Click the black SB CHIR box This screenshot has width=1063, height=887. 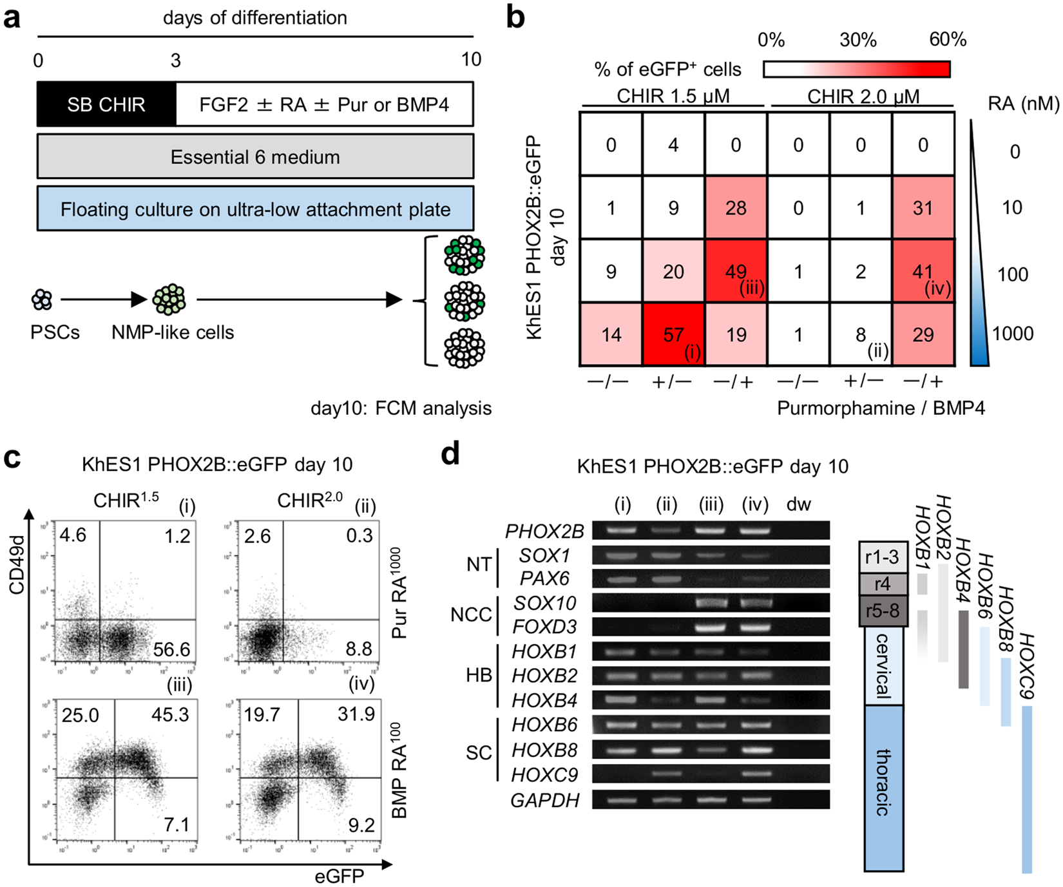pyautogui.click(x=106, y=104)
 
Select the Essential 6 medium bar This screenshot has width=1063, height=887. pyautogui.click(x=255, y=157)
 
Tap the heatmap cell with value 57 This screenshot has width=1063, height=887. pyautogui.click(x=673, y=334)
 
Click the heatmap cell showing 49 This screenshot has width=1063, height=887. pyautogui.click(x=736, y=271)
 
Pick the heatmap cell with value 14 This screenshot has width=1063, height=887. pyautogui.click(x=611, y=334)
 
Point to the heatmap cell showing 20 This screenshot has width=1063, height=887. pyautogui.click(x=673, y=271)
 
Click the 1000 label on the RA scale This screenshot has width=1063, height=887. pyautogui.click(x=1013, y=333)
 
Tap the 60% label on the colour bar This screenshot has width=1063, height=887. pyautogui.click(x=948, y=40)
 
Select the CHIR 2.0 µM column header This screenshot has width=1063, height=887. pyautogui.click(x=863, y=97)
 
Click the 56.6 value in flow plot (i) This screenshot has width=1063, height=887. pyautogui.click(x=171, y=649)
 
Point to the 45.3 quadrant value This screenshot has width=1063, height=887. pyautogui.click(x=170, y=714)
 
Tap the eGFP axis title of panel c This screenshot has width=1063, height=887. pyautogui.click(x=339, y=876)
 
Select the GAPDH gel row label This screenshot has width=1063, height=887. pyautogui.click(x=545, y=800)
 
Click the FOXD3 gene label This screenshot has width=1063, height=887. pyautogui.click(x=545, y=627)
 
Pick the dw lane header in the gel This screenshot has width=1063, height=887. pyautogui.click(x=798, y=504)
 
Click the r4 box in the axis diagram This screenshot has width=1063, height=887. pyautogui.click(x=883, y=584)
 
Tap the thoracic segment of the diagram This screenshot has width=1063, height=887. pyautogui.click(x=883, y=783)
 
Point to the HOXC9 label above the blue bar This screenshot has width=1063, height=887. pyautogui.click(x=1025, y=667)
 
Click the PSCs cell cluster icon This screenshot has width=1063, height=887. pyautogui.click(x=43, y=300)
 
